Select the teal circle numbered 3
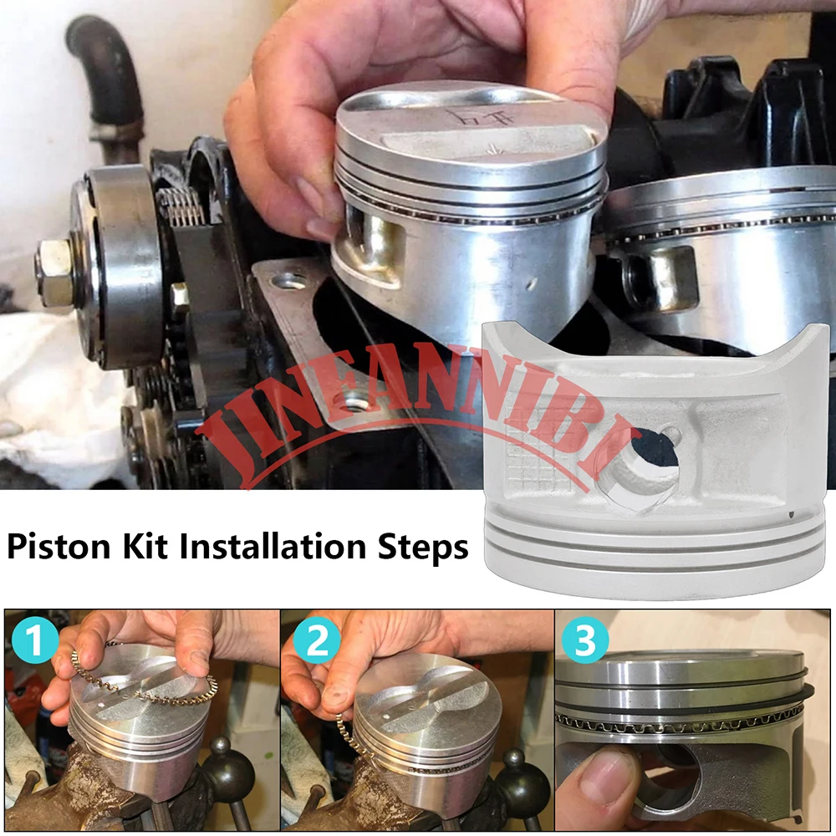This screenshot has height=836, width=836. pyautogui.click(x=584, y=639)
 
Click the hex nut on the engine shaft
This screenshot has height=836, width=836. pyautogui.click(x=53, y=273)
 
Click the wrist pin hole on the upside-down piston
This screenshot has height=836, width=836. pyautogui.click(x=645, y=469)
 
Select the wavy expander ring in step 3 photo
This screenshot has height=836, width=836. pyautogui.click(x=681, y=721)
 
